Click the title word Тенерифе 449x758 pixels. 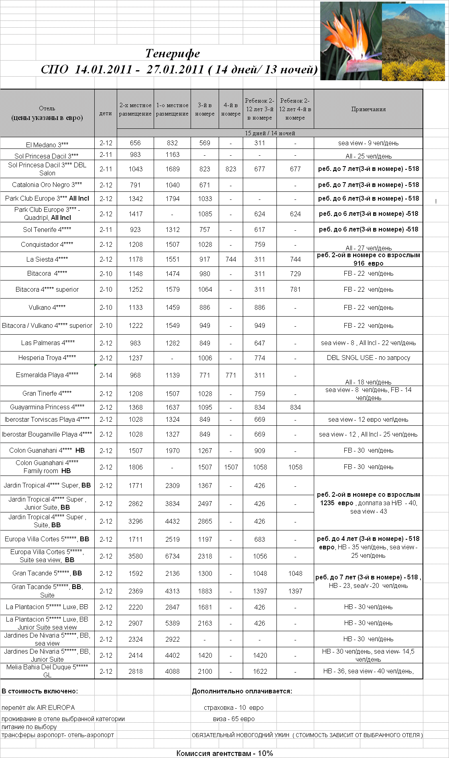(x=173, y=53)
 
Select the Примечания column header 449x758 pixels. (x=368, y=109)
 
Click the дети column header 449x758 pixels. (x=106, y=114)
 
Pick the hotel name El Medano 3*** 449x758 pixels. (x=47, y=144)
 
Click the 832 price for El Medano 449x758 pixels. (x=172, y=143)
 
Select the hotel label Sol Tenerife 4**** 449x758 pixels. (x=47, y=230)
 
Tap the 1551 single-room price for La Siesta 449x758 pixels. (x=172, y=259)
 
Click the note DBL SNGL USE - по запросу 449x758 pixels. (x=368, y=358)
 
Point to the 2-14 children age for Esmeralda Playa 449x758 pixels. (x=106, y=375)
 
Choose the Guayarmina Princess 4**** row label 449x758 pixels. (x=47, y=407)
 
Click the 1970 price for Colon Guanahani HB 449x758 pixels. (x=172, y=451)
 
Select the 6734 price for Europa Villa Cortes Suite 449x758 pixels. (x=172, y=556)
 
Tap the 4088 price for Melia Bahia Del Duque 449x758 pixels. (x=172, y=671)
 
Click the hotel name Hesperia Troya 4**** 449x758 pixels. (x=47, y=358)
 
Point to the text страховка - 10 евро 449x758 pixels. (x=234, y=707)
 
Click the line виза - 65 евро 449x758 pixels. (x=234, y=719)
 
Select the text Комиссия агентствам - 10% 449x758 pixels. (x=224, y=753)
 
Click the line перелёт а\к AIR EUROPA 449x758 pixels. (x=38, y=707)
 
